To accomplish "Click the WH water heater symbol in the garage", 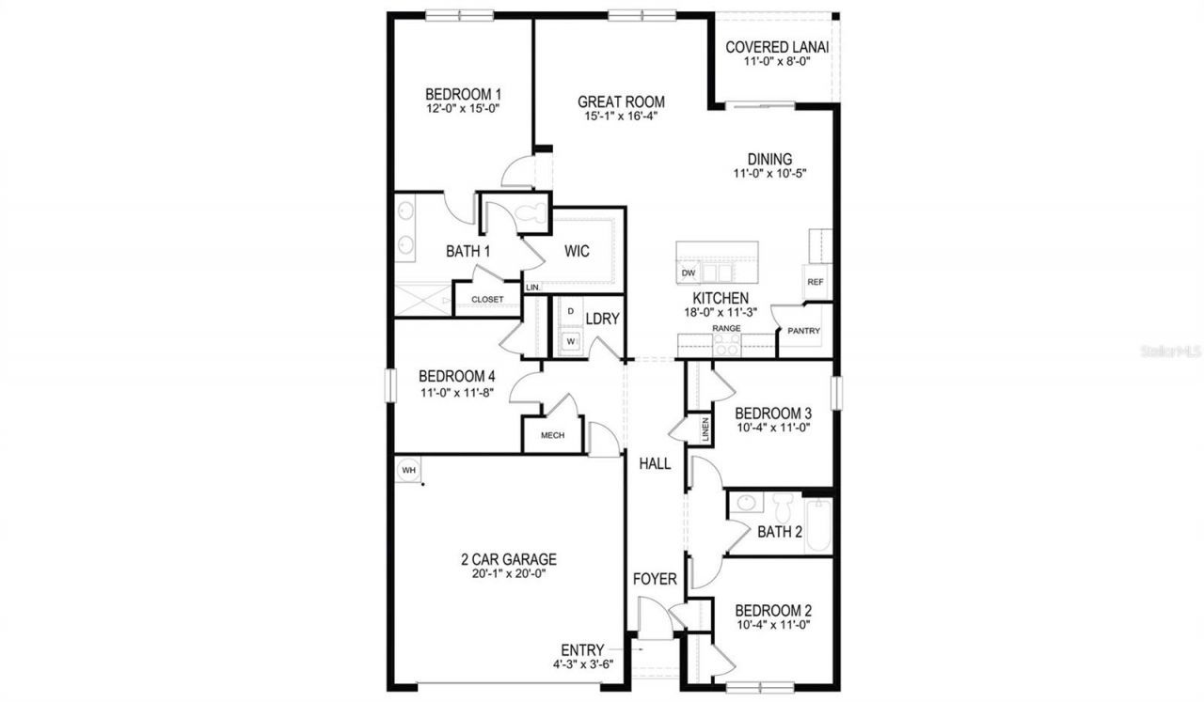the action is pyautogui.click(x=408, y=470).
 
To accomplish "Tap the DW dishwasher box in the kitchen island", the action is pyautogui.click(x=689, y=273).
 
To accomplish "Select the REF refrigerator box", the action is pyautogui.click(x=816, y=281).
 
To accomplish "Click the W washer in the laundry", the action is pyautogui.click(x=571, y=340).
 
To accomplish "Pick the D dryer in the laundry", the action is pyautogui.click(x=571, y=311).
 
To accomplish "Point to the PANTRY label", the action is pyautogui.click(x=803, y=331).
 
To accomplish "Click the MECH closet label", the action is pyautogui.click(x=552, y=435).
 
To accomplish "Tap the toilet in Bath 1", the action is pyautogui.click(x=531, y=212).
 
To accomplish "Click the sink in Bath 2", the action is pyautogui.click(x=746, y=503).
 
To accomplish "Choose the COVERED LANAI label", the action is pyautogui.click(x=777, y=47).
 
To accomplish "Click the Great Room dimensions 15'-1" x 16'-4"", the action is pyautogui.click(x=621, y=116).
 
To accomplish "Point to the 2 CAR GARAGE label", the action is pyautogui.click(x=509, y=559).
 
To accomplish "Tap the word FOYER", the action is pyautogui.click(x=655, y=579).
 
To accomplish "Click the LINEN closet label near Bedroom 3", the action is pyautogui.click(x=705, y=429).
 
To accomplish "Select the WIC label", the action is pyautogui.click(x=577, y=251).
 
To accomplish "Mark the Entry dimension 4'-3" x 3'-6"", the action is pyautogui.click(x=583, y=664).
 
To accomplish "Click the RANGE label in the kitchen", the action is pyautogui.click(x=726, y=328).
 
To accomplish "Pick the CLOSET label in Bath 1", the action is pyautogui.click(x=487, y=299).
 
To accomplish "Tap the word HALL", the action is pyautogui.click(x=655, y=463).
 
